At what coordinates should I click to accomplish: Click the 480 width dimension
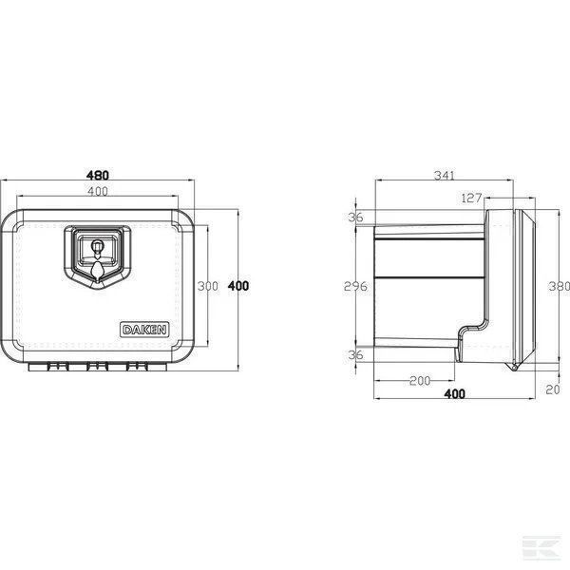click(98, 175)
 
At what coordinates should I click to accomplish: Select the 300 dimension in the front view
click(207, 286)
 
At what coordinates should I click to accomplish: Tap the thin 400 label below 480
click(98, 191)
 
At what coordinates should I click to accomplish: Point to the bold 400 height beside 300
click(238, 286)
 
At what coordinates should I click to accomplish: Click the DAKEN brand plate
click(144, 330)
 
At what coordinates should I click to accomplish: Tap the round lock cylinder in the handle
click(97, 245)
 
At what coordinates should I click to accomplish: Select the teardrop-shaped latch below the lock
click(97, 270)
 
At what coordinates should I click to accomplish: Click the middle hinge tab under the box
click(98, 367)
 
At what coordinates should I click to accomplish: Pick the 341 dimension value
click(445, 176)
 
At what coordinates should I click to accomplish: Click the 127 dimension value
click(471, 199)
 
